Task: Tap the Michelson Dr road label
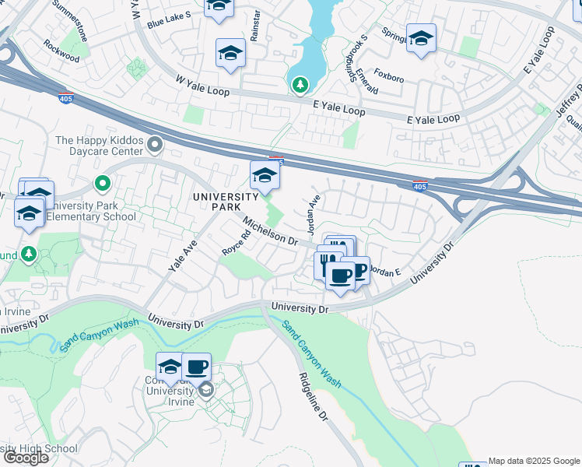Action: tap(271, 231)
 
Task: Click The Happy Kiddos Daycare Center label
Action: tap(100, 146)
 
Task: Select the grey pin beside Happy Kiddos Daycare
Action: tap(155, 144)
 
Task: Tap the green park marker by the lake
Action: tap(299, 84)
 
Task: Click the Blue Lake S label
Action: tap(169, 23)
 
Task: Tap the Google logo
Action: tap(26, 458)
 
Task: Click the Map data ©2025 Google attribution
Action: tap(534, 461)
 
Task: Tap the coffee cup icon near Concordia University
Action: tap(196, 367)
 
